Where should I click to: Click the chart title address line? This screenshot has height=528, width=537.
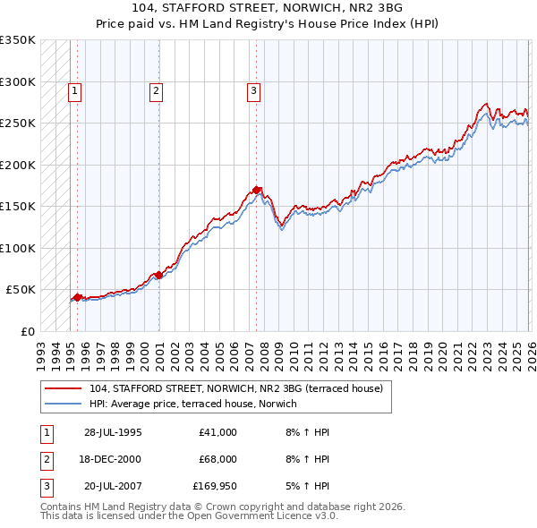(x=268, y=10)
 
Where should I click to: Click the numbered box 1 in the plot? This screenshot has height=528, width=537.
(x=74, y=89)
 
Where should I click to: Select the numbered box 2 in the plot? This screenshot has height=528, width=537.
(x=156, y=89)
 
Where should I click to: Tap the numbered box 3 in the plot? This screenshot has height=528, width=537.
(x=253, y=89)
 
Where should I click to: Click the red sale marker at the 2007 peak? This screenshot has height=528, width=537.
(x=257, y=190)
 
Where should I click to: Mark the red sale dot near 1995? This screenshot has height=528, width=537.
(x=77, y=297)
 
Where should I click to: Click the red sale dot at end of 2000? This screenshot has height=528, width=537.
(x=158, y=275)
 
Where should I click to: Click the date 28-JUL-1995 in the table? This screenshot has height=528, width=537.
(x=113, y=432)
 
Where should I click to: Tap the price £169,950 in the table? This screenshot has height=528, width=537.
(x=215, y=486)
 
